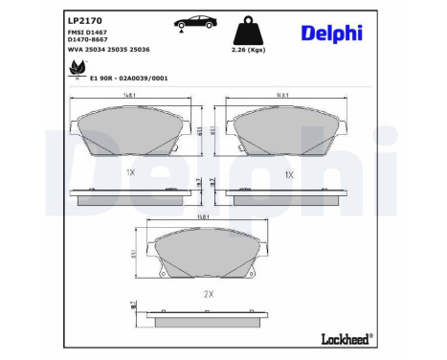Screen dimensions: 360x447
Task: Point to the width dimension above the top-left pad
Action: coord(129,95)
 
